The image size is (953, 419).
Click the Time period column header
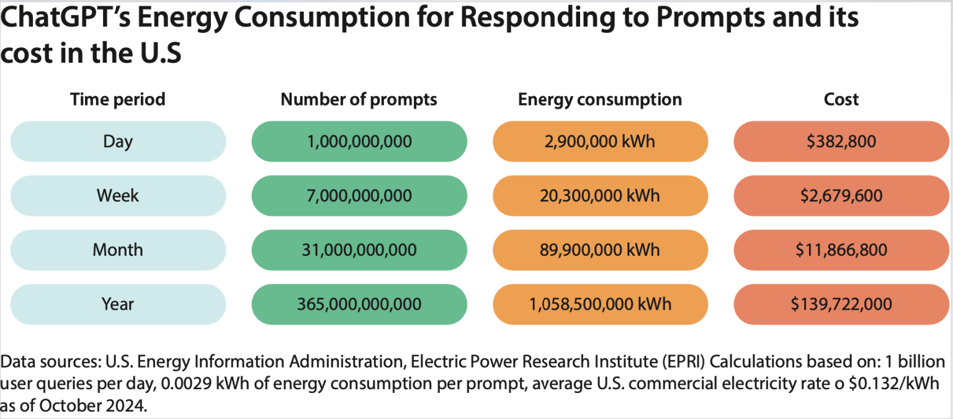[118, 99]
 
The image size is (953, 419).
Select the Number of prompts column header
[359, 99]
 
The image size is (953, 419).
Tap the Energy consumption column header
[600, 99]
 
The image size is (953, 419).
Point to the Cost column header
[841, 99]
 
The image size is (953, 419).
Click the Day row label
[118, 142]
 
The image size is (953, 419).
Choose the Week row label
[118, 196]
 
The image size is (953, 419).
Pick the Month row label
[118, 250]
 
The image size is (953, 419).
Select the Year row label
[118, 304]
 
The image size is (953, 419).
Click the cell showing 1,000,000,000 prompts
[359, 142]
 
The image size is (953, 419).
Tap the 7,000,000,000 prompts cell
[359, 196]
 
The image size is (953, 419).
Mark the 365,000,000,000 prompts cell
[359, 304]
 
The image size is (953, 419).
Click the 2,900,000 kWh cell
[600, 142]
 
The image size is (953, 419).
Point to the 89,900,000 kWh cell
[600, 250]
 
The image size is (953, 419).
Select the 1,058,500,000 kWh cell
[600, 304]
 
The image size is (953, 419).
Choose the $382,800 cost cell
[841, 142]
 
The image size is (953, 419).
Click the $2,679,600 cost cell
[841, 196]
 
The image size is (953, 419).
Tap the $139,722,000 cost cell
[841, 304]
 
